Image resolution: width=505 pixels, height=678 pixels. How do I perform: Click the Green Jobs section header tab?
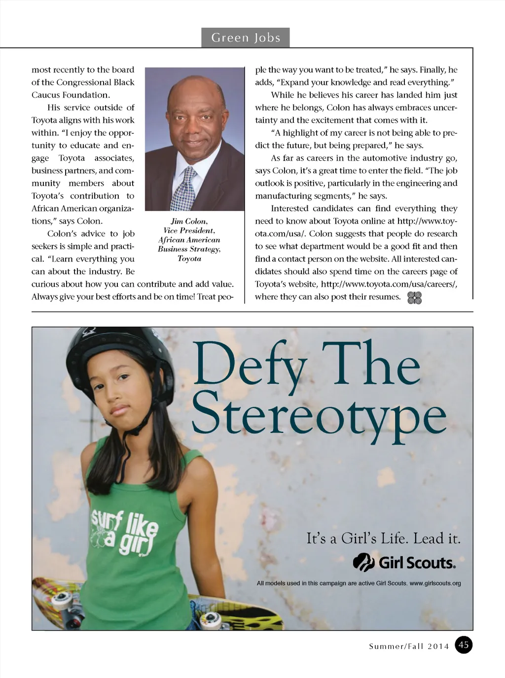(245, 37)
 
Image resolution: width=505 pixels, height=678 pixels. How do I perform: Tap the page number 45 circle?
(464, 645)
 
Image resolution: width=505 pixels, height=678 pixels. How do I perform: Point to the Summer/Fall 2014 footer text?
(409, 646)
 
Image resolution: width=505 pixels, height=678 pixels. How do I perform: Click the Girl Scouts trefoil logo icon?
(363, 562)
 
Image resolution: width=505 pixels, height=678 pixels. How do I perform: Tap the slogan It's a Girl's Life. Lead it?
(383, 538)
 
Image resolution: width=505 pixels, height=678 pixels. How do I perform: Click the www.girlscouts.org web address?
(435, 583)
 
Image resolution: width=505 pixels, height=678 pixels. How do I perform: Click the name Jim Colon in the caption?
(189, 221)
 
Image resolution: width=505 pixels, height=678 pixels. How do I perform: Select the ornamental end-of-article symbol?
(414, 298)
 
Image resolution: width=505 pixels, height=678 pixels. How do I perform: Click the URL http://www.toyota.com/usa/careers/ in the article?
(389, 284)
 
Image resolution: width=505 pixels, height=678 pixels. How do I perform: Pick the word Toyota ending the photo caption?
(189, 259)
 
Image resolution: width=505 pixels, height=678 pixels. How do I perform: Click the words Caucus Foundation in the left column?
(71, 95)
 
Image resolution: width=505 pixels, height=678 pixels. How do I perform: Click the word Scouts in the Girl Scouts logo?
(429, 563)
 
